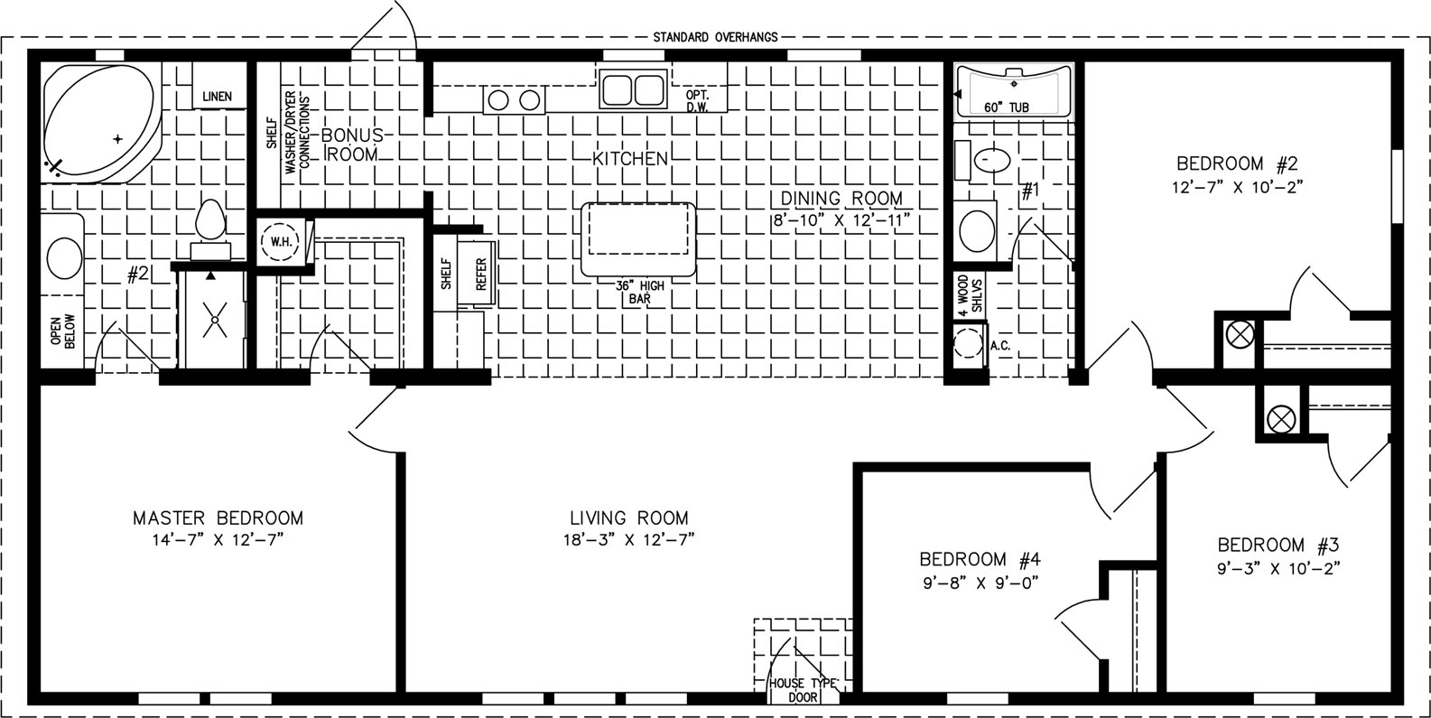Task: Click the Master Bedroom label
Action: pyautogui.click(x=218, y=518)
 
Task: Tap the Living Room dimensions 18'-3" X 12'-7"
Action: pyautogui.click(x=628, y=540)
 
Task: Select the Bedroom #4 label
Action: pyautogui.click(x=980, y=560)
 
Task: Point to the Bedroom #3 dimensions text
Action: pyautogui.click(x=1278, y=568)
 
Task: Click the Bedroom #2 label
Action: pyautogui.click(x=1238, y=163)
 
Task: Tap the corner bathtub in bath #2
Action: pyautogui.click(x=100, y=121)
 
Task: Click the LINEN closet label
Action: pyautogui.click(x=218, y=97)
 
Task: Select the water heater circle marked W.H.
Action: pyautogui.click(x=281, y=241)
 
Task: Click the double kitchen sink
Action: pyautogui.click(x=633, y=89)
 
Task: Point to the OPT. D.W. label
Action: pyautogui.click(x=698, y=101)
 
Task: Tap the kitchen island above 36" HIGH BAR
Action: pyautogui.click(x=638, y=239)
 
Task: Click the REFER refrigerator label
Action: pyautogui.click(x=481, y=274)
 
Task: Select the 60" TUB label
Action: pyautogui.click(x=1006, y=107)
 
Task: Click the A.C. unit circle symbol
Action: pyautogui.click(x=969, y=345)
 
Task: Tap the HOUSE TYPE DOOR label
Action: pyautogui.click(x=803, y=690)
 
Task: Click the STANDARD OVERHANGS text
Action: pyautogui.click(x=715, y=37)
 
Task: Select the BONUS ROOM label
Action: pyautogui.click(x=352, y=145)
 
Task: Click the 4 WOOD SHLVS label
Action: pyautogui.click(x=969, y=295)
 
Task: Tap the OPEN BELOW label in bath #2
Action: pyautogui.click(x=62, y=331)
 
